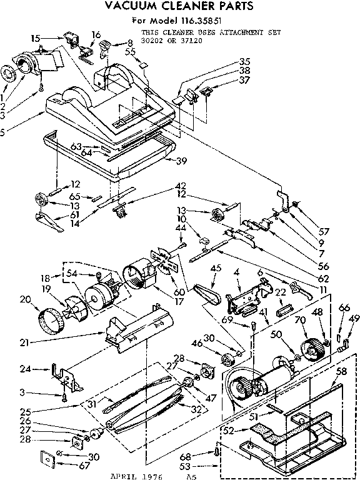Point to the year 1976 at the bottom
(x=151, y=476)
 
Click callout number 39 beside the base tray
(x=182, y=161)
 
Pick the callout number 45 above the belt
(x=216, y=268)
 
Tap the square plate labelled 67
(x=47, y=457)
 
